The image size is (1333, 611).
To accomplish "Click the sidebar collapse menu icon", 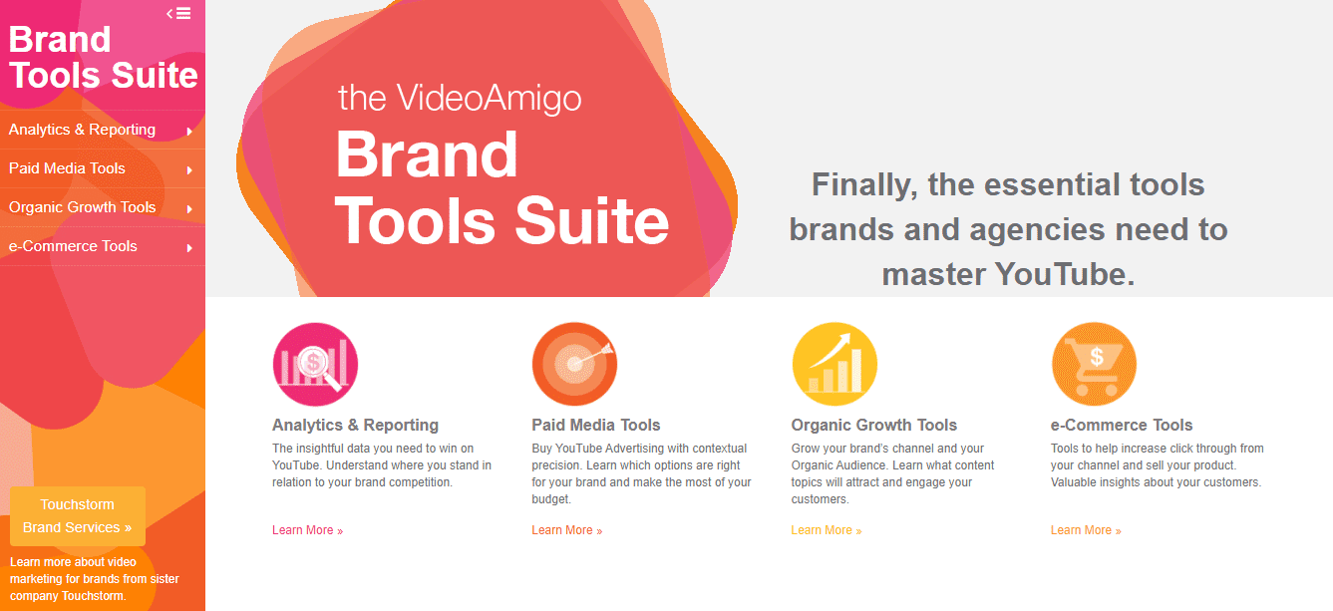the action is pos(178,13).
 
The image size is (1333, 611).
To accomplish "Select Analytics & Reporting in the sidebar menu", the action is pos(82,130).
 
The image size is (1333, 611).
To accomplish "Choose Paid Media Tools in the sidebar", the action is pos(67,168).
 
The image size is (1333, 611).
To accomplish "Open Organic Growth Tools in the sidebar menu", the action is pos(82,207).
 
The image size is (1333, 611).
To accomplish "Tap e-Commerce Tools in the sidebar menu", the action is pos(73,246).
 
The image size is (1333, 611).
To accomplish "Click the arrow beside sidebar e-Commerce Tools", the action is pos(189,247).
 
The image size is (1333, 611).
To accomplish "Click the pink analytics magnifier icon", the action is pos(315,364).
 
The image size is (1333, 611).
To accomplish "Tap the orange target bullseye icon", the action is pos(574,364).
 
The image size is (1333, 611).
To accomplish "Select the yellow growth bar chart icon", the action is pos(834,364).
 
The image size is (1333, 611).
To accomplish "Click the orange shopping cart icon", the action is pos(1094,364).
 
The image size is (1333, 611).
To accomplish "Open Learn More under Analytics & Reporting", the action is pos(308,530).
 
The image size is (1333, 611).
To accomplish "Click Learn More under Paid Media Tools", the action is pos(567,530).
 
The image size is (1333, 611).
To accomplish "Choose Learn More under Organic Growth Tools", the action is pos(827,530).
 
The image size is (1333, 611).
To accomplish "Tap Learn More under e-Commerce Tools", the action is pos(1086,530).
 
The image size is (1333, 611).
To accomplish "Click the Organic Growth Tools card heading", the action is pos(874,425).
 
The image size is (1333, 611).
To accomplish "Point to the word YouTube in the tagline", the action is pos(1064,274).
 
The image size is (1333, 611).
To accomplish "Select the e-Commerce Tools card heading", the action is pos(1122,425).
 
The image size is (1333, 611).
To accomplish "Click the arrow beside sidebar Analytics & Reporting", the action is pos(189,131).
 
